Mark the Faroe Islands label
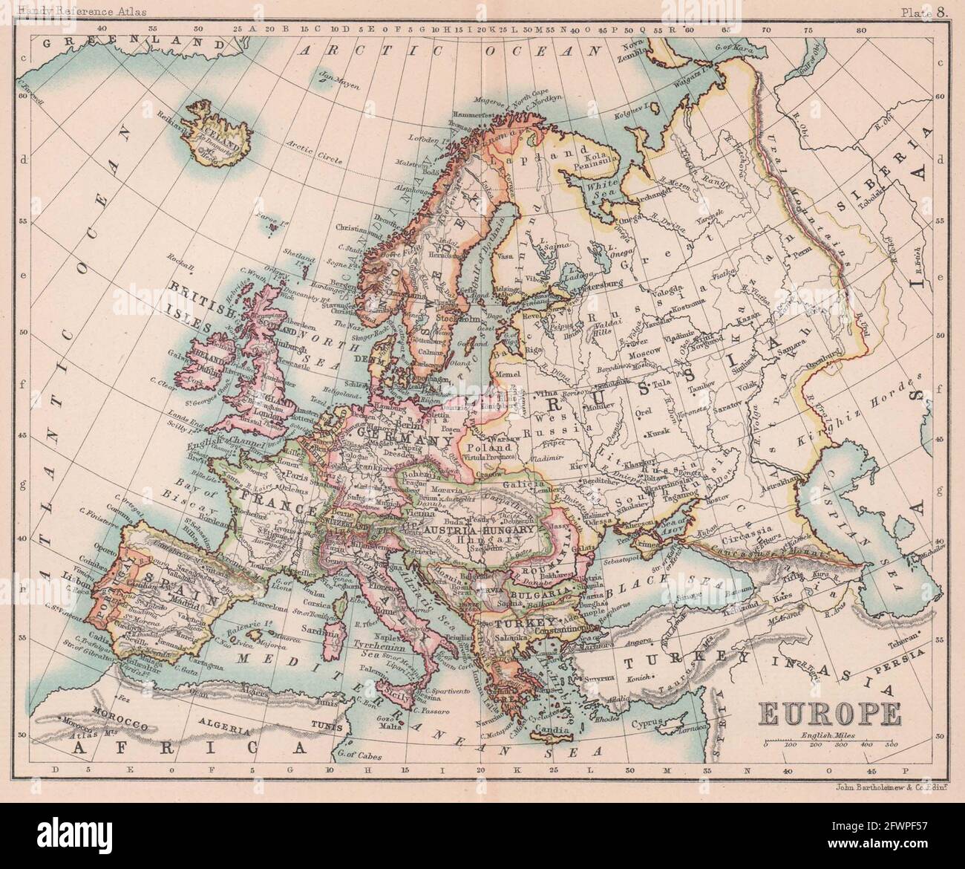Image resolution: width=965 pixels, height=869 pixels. [263, 218]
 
